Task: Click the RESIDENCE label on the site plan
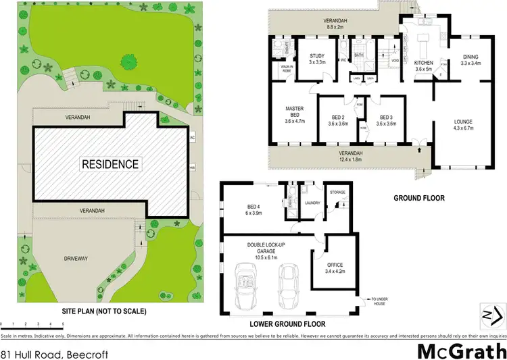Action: (110, 164)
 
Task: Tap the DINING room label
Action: (471, 60)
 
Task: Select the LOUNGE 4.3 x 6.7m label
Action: (463, 126)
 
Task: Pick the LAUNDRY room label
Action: (312, 202)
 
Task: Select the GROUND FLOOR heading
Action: (419, 199)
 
